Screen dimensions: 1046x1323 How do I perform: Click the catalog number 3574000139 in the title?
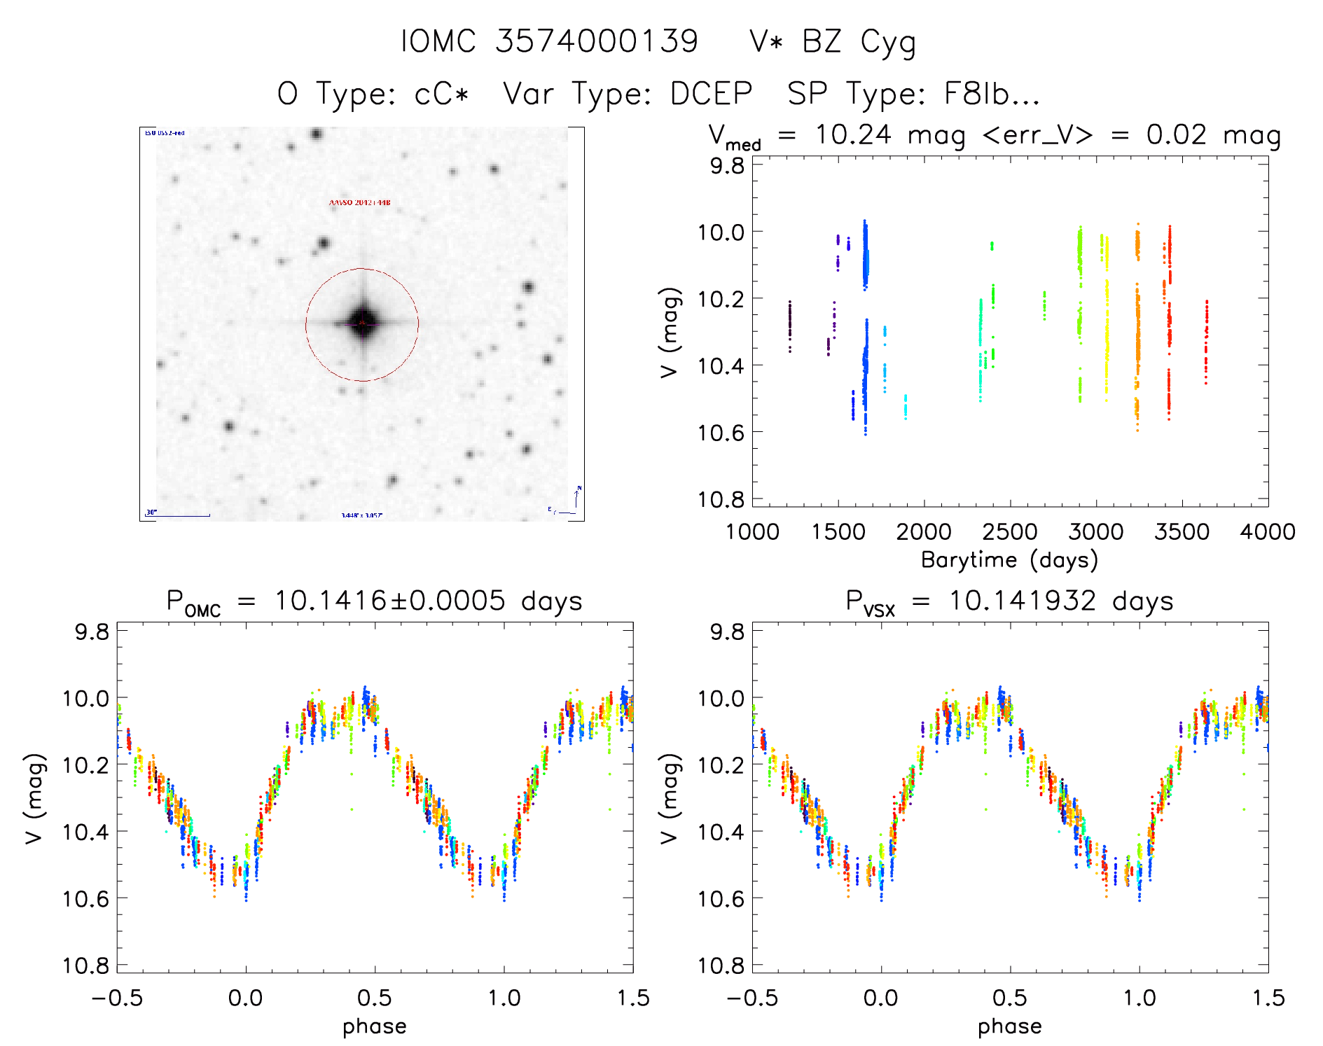coord(597,41)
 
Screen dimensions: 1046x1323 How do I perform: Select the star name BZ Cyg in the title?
coord(859,43)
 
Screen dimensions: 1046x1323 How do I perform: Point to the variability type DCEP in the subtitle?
coord(711,94)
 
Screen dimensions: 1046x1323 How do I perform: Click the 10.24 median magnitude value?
coord(853,134)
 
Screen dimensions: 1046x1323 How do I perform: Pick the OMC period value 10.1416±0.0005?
coord(389,601)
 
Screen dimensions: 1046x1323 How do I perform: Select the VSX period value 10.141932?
coord(1023,601)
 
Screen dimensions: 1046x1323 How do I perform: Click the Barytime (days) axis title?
coord(1009,560)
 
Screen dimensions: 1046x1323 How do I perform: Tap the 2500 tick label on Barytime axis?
coord(1010,531)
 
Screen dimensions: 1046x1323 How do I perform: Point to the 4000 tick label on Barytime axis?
coord(1267,531)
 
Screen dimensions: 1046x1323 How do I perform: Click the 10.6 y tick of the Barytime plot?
coord(721,432)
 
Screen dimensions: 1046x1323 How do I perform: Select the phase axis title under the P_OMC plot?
coord(375,1026)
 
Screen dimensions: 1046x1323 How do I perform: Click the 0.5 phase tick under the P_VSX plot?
coord(1010,998)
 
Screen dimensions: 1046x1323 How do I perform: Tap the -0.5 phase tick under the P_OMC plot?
coord(117,998)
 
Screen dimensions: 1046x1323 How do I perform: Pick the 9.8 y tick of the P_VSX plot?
coord(727,632)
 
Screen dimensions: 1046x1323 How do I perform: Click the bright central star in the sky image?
coord(362,323)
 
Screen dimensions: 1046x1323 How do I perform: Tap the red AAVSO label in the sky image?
coord(360,203)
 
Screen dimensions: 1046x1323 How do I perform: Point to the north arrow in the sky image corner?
coord(577,497)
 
